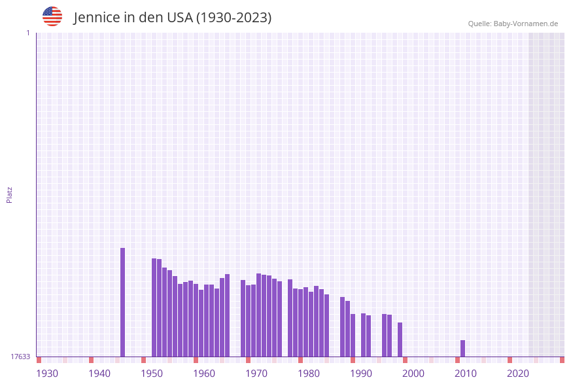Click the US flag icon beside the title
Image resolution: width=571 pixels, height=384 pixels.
click(x=52, y=16)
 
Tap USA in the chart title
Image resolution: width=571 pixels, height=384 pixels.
click(x=179, y=18)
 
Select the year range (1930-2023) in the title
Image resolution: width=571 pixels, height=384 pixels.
click(x=234, y=18)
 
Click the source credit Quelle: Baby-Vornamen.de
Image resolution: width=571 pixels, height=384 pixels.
click(x=513, y=24)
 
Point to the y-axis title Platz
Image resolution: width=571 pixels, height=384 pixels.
click(x=10, y=195)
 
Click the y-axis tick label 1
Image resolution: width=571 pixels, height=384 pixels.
click(x=27, y=33)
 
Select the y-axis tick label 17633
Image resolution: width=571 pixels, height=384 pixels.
click(x=20, y=357)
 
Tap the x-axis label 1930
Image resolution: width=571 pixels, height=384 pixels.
click(x=47, y=374)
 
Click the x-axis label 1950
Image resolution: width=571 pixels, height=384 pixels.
click(x=152, y=374)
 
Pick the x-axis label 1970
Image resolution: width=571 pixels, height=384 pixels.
click(x=256, y=374)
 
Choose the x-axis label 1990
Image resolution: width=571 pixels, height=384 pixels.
click(x=361, y=374)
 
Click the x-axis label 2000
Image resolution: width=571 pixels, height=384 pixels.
click(x=413, y=374)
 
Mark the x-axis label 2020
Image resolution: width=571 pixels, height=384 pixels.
click(x=518, y=374)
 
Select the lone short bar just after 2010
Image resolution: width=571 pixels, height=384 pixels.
click(x=462, y=349)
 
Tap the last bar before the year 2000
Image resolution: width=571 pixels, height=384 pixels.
click(x=400, y=340)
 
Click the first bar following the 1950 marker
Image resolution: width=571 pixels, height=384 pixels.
click(x=154, y=307)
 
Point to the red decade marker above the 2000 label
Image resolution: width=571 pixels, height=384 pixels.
click(x=405, y=360)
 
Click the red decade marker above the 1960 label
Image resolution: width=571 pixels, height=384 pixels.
click(x=196, y=360)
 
